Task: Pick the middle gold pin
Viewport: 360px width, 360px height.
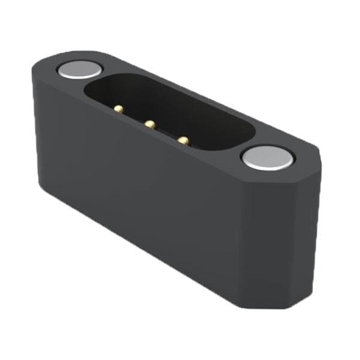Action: pyautogui.click(x=149, y=124)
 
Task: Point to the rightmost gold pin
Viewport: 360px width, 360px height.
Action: pyautogui.click(x=184, y=140)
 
